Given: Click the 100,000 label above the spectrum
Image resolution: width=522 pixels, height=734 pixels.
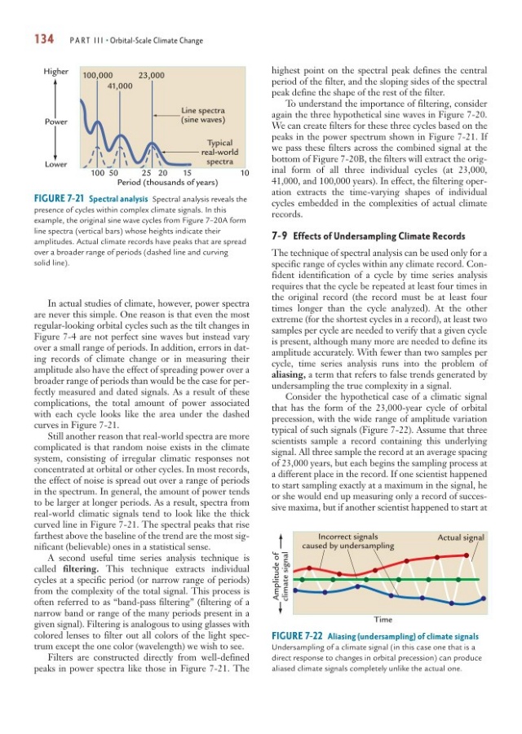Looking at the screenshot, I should tap(98, 76).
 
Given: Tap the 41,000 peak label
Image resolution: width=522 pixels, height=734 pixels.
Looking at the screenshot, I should tap(120, 86).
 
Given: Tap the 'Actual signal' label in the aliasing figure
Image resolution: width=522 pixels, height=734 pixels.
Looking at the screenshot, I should tap(461, 537).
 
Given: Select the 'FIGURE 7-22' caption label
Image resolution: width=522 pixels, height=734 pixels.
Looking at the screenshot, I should tap(300, 635).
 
